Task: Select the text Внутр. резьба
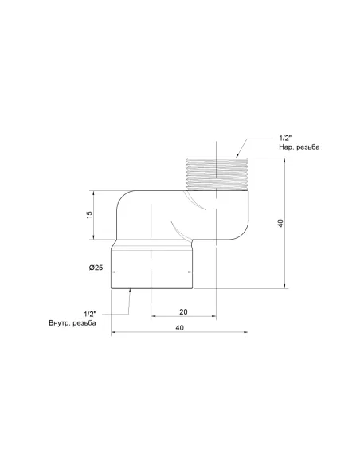(72, 323)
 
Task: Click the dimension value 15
(90, 215)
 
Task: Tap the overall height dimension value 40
(280, 224)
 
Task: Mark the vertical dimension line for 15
(96, 215)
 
